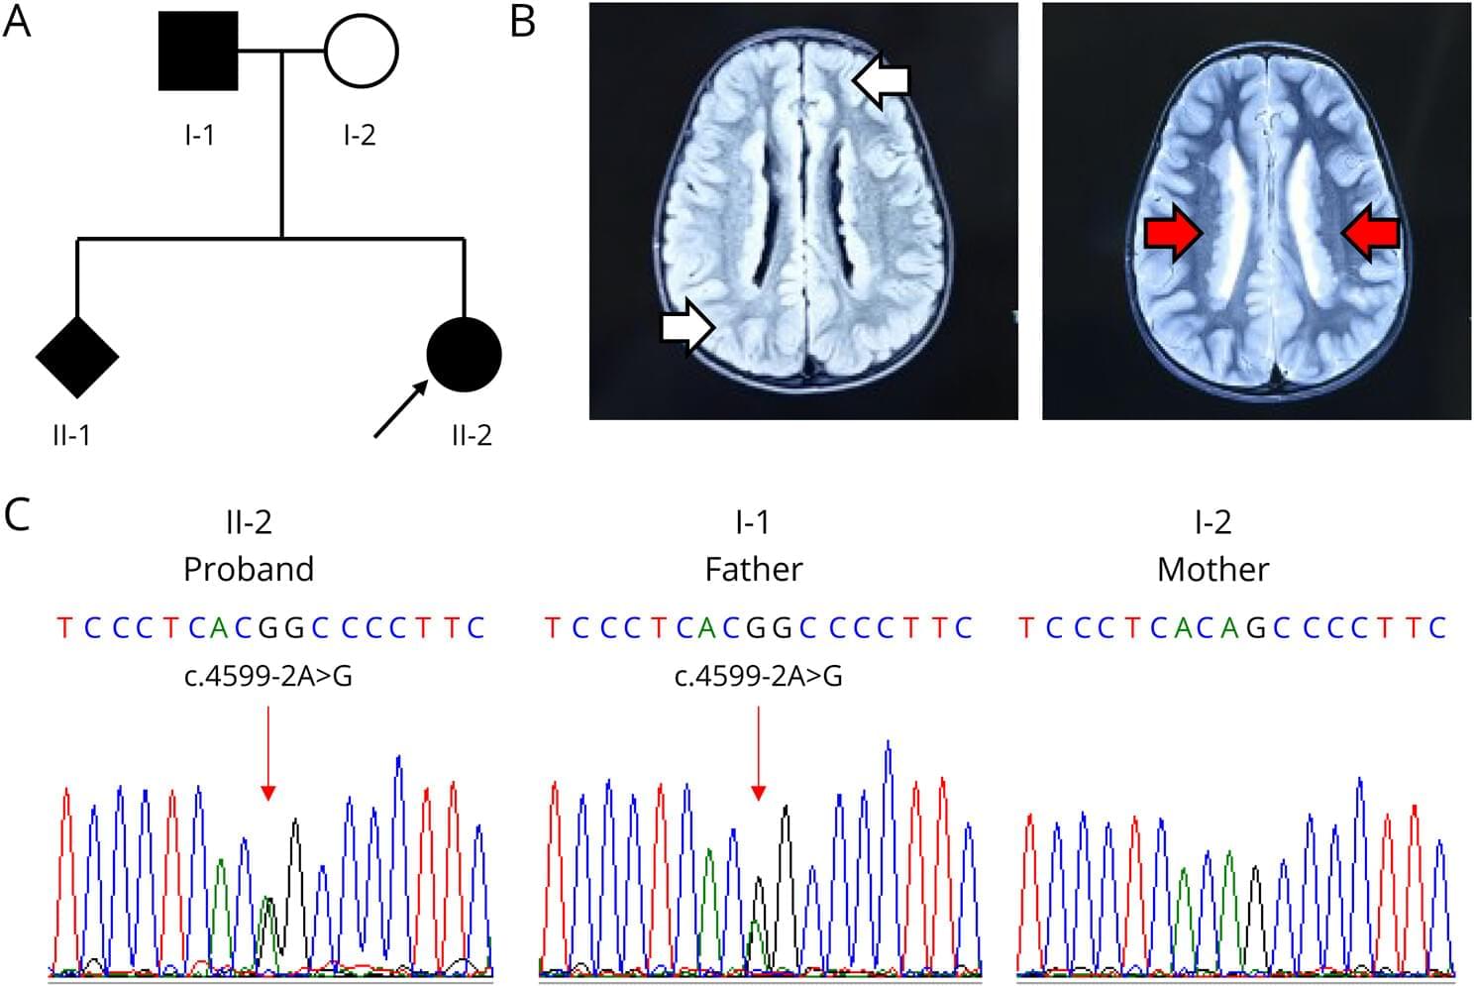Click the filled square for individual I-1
point(198,52)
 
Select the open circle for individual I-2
point(361,50)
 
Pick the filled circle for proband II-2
point(464,355)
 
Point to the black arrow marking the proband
point(400,409)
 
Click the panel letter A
point(18,22)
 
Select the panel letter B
point(522,22)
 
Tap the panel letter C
point(18,514)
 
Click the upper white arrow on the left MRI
point(881,80)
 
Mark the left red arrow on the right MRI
point(1174,234)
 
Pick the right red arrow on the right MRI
point(1370,234)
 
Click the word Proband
point(249,569)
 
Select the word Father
point(753,569)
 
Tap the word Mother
point(1212,569)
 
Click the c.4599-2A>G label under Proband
point(268,677)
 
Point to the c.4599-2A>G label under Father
point(758,677)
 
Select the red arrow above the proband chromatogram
point(267,753)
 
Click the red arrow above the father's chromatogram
point(758,753)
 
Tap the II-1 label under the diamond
point(72,434)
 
